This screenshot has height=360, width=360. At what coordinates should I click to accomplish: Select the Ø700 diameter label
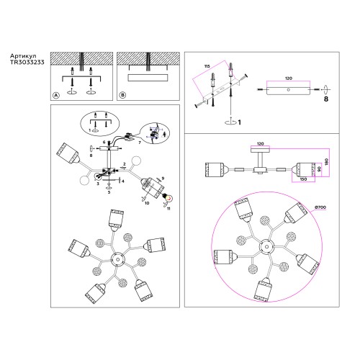click(322, 207)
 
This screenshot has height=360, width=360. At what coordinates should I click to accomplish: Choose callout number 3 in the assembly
click(98, 184)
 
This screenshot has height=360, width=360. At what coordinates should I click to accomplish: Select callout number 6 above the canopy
click(104, 143)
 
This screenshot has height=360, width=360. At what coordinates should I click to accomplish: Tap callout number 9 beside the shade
click(163, 178)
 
